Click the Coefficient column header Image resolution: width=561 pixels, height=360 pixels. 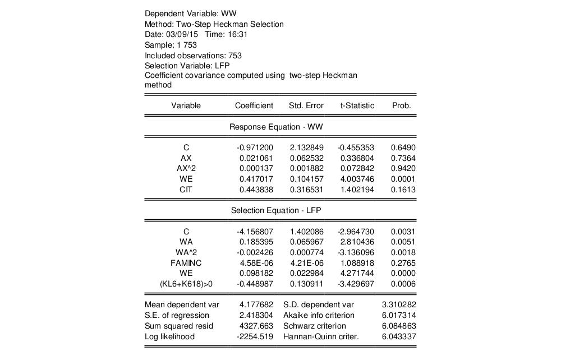pyautogui.click(x=254, y=105)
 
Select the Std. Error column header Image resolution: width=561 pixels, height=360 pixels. pyautogui.click(x=306, y=105)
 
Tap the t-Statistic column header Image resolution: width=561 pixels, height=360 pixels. pyautogui.click(x=357, y=105)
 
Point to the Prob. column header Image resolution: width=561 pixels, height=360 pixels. pyautogui.click(x=402, y=105)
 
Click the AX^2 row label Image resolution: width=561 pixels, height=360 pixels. pyautogui.click(x=186, y=168)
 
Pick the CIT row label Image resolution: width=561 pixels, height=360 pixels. pyautogui.click(x=186, y=190)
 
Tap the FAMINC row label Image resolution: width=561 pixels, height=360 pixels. pyautogui.click(x=186, y=262)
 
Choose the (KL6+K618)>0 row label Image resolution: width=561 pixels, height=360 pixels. pyautogui.click(x=186, y=284)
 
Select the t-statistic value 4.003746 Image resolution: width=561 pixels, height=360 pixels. pyautogui.click(x=358, y=179)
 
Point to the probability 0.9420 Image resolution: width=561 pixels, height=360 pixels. pyautogui.click(x=403, y=168)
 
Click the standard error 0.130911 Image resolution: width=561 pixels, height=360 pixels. pyautogui.click(x=306, y=284)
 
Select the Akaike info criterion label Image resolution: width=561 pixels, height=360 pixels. pyautogui.click(x=317, y=315)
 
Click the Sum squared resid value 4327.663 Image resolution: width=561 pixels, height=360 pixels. pyautogui.click(x=257, y=326)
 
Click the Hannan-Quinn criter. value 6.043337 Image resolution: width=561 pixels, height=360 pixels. pyautogui.click(x=398, y=336)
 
